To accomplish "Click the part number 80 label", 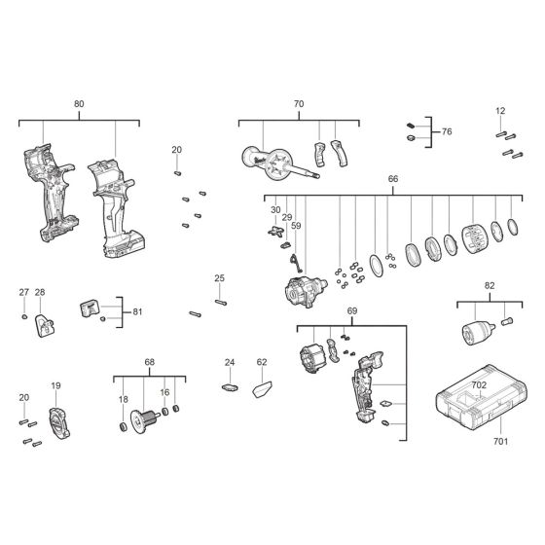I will (79, 103).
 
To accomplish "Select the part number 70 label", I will (299, 103).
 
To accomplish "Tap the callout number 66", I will (393, 180).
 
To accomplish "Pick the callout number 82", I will (489, 287).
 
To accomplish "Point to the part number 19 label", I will (55, 385).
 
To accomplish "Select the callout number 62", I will (262, 362).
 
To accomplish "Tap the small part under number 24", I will (231, 387).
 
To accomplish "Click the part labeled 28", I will (44, 326).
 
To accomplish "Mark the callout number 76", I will (447, 131).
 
